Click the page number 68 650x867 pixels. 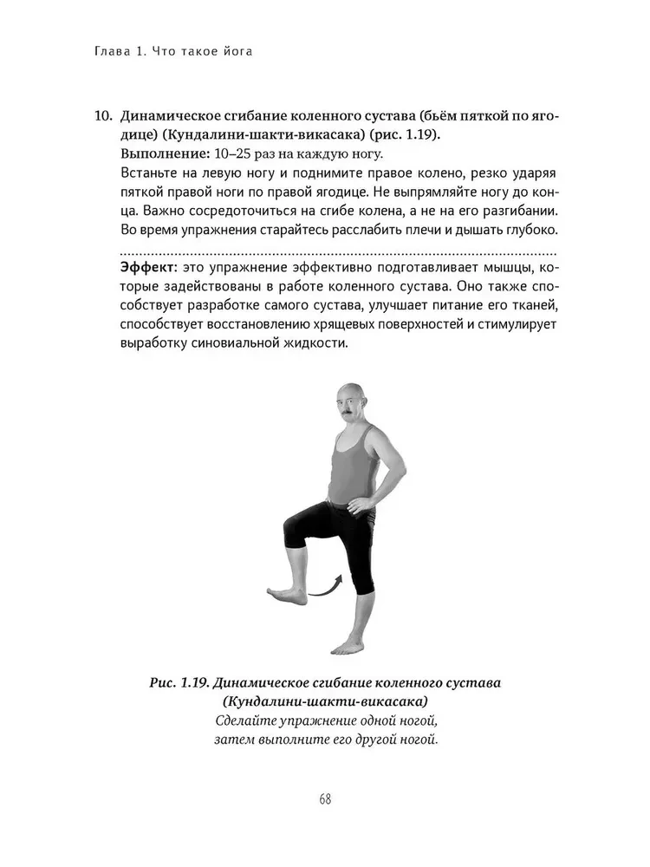pos(325,799)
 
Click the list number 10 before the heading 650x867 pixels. pos(101,115)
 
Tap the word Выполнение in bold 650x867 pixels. pos(162,154)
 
